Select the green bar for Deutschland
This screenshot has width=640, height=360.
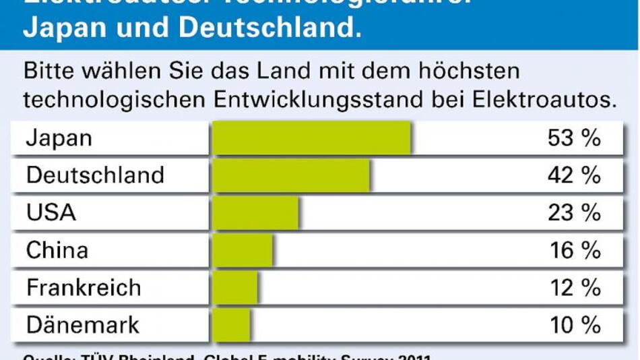[290, 176]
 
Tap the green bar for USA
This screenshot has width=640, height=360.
[255, 214]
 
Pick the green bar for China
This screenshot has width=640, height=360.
[243, 251]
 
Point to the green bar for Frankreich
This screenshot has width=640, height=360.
[235, 288]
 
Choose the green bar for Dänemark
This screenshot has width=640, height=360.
[231, 325]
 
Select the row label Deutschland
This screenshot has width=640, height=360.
[95, 176]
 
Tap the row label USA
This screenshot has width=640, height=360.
[51, 214]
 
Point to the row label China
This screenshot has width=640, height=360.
[57, 251]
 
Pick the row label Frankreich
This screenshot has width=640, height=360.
[84, 288]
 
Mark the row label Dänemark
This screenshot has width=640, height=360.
[82, 325]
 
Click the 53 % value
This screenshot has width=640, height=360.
[574, 139]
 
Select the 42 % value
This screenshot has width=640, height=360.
[574, 176]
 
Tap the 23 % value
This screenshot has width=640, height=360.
[574, 214]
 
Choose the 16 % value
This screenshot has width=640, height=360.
[574, 251]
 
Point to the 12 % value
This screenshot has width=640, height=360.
[574, 288]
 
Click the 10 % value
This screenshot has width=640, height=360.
[574, 325]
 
